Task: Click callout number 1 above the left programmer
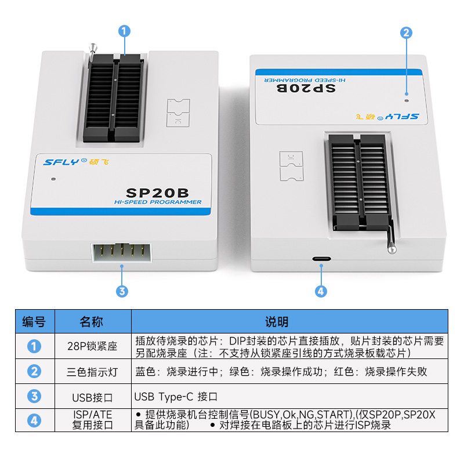click(124, 31)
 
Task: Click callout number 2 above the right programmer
click(407, 32)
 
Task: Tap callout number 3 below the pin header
click(122, 291)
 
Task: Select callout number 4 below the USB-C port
click(321, 291)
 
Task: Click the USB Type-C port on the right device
click(321, 259)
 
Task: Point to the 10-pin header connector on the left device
click(122, 253)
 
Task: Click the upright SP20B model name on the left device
click(157, 193)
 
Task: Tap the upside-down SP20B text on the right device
click(306, 88)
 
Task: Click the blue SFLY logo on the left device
click(61, 162)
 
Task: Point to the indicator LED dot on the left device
click(53, 179)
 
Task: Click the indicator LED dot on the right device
click(407, 100)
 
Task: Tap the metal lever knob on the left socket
click(93, 48)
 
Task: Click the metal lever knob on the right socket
click(392, 248)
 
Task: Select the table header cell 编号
click(35, 321)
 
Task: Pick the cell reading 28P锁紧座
click(93, 346)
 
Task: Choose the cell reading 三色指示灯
click(93, 371)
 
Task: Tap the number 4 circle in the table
click(34, 420)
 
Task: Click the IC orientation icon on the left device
click(178, 113)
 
